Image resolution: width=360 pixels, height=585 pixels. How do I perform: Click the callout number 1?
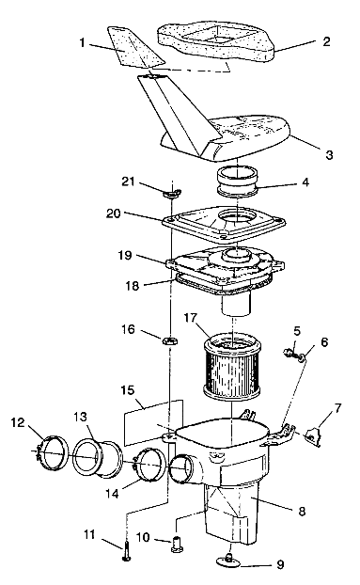[83, 43]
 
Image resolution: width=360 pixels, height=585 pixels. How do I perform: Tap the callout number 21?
[128, 182]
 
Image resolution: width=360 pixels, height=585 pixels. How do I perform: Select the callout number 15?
[128, 390]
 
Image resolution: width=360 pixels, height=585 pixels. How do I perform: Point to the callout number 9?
[280, 564]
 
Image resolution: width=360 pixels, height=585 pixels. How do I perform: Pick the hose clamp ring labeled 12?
[53, 451]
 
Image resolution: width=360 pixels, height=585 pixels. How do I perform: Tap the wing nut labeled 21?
[172, 193]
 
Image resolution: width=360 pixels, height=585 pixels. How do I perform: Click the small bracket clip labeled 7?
[313, 436]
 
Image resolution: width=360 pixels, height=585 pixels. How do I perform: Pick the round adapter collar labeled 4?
[238, 181]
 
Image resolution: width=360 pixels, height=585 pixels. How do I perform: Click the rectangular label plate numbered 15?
[153, 422]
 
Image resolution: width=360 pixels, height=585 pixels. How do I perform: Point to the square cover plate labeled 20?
[225, 223]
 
